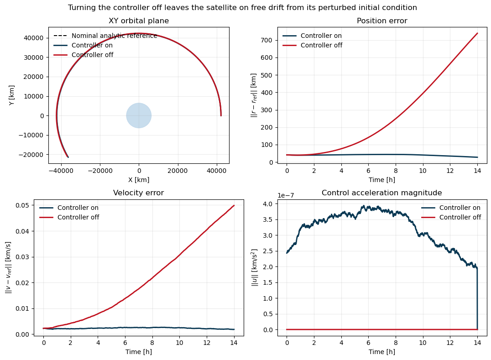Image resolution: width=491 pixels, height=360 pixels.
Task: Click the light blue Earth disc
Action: tap(139, 115)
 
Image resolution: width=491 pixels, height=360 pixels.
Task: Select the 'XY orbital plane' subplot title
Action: tap(139, 21)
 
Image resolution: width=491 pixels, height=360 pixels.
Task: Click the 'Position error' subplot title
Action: tap(382, 21)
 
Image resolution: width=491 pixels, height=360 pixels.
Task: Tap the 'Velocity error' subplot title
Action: tap(138, 193)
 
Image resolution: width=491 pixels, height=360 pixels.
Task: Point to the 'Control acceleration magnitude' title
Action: tap(382, 193)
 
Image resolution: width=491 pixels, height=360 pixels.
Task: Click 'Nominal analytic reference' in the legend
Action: tap(114, 36)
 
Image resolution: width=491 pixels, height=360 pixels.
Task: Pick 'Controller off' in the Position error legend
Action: tap(321, 45)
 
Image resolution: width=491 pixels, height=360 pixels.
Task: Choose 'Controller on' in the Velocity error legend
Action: tap(78, 208)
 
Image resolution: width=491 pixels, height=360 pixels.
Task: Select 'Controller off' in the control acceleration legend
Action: tap(460, 217)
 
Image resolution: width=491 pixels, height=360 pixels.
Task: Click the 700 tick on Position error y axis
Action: tap(268, 41)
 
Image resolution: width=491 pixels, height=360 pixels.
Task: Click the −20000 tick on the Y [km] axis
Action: tap(31, 155)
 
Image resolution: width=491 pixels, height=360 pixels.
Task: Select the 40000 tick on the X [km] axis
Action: tap(217, 171)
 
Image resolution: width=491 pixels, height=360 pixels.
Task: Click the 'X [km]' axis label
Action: tap(139, 180)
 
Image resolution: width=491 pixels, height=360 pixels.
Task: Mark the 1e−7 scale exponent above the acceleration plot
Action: tap(286, 196)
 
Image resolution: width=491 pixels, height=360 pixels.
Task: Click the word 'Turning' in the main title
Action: tap(81, 7)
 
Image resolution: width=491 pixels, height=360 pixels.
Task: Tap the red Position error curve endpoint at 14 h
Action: tap(477, 33)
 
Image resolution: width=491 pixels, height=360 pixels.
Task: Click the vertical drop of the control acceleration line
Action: tap(477, 298)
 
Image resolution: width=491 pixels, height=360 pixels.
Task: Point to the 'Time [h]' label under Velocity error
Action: tap(138, 352)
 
